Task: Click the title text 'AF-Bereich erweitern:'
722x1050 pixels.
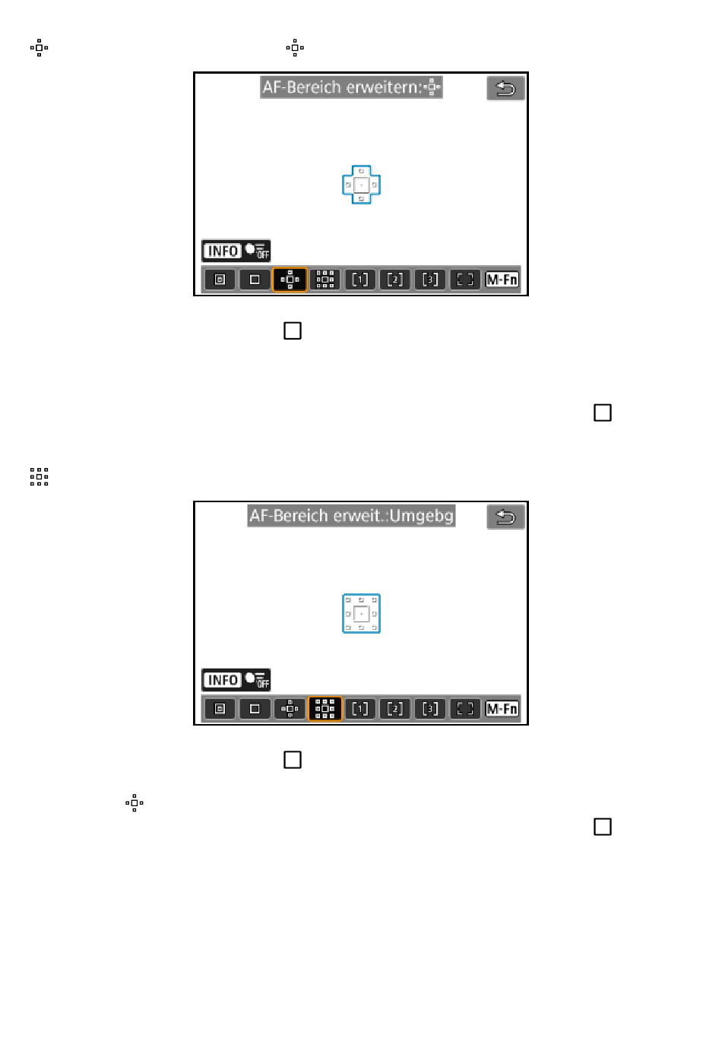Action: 342,87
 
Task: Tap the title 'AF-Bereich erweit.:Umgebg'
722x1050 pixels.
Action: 352,516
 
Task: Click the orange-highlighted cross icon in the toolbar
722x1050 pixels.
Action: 290,280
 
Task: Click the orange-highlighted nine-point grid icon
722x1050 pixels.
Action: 325,708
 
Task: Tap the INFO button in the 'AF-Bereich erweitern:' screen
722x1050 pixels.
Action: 223,251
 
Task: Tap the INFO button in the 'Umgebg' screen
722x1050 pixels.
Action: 223,680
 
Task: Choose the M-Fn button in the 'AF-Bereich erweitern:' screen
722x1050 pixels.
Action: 502,280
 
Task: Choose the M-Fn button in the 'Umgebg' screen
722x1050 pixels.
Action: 502,709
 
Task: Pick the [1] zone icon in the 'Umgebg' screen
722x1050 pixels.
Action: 360,709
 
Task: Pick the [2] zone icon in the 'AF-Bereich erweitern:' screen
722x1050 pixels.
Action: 394,280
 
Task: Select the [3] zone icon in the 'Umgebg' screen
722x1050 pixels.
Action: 430,709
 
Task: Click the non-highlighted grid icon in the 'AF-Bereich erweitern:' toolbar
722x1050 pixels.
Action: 325,280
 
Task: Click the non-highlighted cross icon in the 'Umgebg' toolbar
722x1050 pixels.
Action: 290,708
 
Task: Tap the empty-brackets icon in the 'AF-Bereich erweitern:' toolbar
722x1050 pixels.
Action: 465,280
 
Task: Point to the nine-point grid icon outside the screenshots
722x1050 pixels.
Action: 39,476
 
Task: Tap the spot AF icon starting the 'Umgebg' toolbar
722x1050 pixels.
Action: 220,709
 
